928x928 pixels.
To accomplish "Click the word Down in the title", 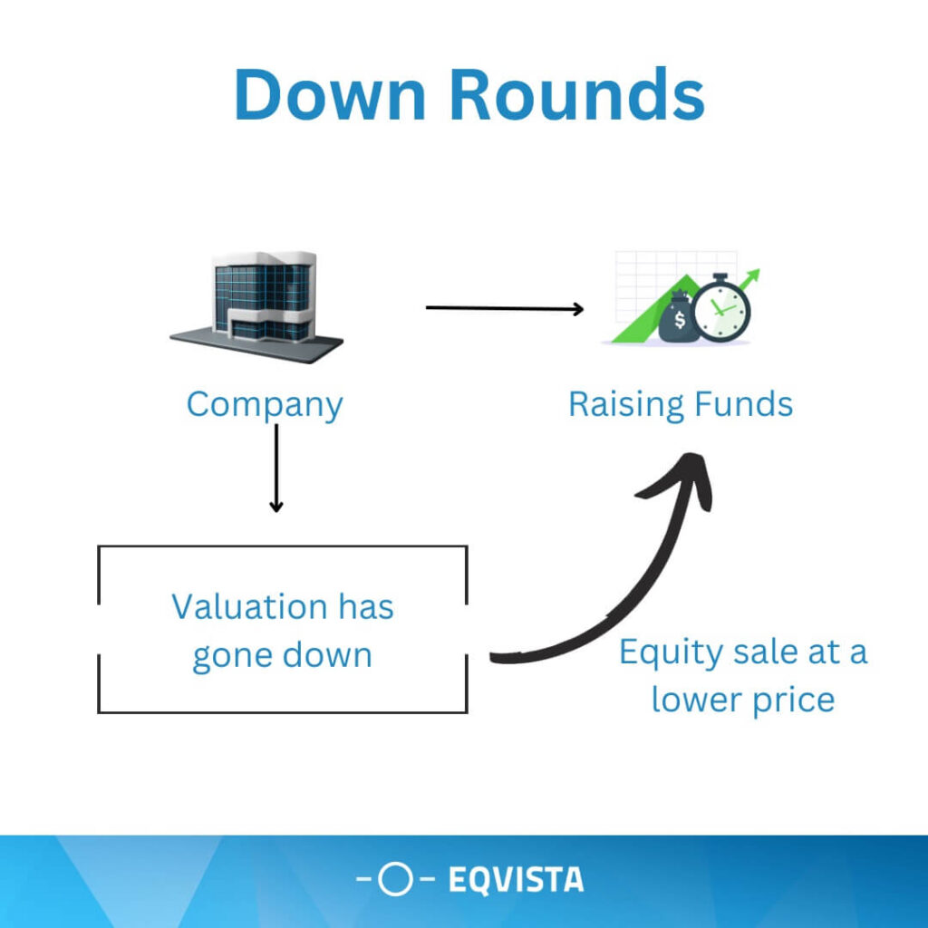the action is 330,94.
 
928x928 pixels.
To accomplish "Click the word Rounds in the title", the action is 577,94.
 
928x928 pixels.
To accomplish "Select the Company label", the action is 265,406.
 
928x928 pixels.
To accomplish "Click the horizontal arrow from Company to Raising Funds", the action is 505,308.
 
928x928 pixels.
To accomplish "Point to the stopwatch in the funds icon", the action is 721,308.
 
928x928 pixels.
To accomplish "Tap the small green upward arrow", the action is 749,279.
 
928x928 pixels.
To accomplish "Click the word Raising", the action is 627,406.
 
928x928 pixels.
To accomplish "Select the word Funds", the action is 743,405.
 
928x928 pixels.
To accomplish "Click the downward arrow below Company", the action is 275,469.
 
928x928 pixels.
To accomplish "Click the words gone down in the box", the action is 283,657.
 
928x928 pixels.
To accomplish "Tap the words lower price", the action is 743,701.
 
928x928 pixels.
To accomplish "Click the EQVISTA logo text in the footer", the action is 516,879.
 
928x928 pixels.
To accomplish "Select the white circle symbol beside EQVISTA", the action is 395,879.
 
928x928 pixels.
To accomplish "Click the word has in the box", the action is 366,607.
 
